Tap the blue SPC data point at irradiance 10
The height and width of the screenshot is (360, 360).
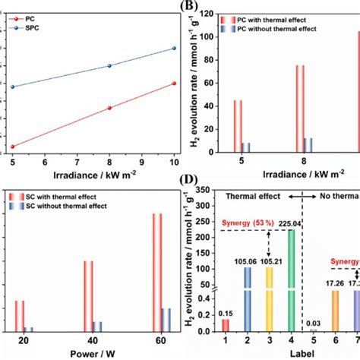pos(174,49)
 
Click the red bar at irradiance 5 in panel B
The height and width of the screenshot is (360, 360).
pos(238,126)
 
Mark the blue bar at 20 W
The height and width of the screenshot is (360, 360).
pos(29,330)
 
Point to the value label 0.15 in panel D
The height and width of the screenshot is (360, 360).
pos(226,313)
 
